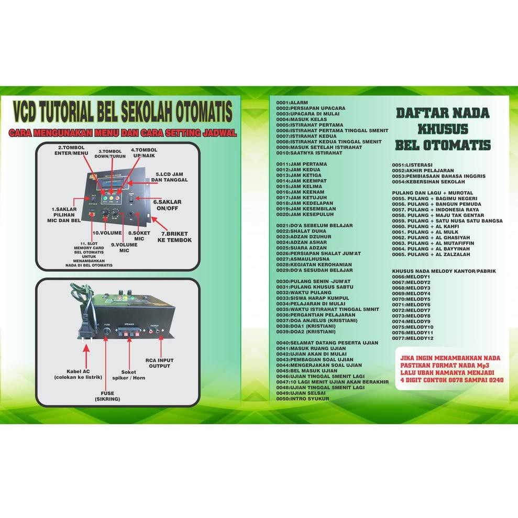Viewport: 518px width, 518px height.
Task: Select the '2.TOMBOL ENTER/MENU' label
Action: click(72, 151)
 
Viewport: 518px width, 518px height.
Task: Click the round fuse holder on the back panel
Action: click(106, 332)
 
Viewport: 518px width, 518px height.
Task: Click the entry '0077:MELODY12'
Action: click(413, 338)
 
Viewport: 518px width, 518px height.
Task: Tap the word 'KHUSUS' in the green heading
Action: click(443, 129)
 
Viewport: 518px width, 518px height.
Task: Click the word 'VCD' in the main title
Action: click(31, 113)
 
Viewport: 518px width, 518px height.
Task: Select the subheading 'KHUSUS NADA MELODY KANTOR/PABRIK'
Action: click(444, 271)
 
